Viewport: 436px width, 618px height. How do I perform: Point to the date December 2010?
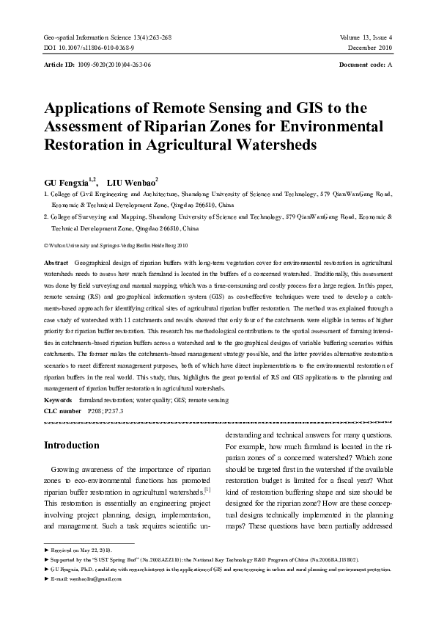(371, 47)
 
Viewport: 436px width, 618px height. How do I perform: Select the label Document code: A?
(366, 65)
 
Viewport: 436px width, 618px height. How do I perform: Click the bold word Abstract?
(56, 262)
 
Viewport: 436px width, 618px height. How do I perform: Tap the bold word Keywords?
(59, 400)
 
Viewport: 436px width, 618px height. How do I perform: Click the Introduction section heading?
(72, 446)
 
